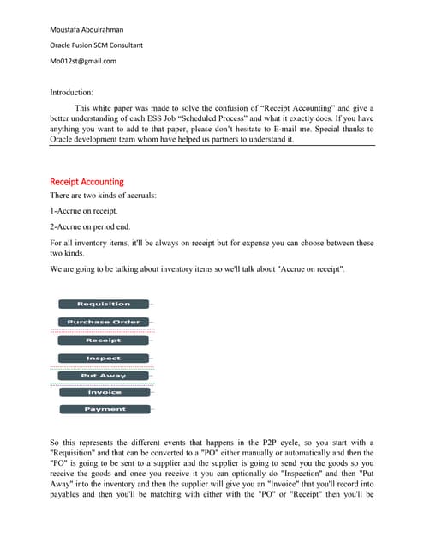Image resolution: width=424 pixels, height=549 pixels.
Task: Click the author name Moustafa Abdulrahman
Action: click(x=87, y=28)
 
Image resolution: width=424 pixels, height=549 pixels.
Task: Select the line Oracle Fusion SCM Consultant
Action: click(x=96, y=45)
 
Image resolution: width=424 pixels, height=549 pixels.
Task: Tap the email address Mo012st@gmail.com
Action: click(x=83, y=61)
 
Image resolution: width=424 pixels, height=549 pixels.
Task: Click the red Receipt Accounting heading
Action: click(x=87, y=182)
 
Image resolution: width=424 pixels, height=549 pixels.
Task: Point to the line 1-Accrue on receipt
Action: click(x=87, y=210)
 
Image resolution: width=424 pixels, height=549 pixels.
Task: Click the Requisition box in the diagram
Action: click(x=104, y=304)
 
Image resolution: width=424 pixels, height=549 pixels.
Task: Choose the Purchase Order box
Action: click(x=104, y=322)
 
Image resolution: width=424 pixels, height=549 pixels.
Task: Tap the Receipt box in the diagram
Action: click(x=104, y=341)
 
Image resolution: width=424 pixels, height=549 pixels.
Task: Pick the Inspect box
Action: click(x=104, y=358)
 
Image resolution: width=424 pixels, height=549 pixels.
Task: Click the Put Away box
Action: click(x=104, y=376)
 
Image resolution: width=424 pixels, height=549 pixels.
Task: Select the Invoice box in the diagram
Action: click(x=104, y=392)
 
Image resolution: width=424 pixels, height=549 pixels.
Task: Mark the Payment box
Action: click(x=104, y=409)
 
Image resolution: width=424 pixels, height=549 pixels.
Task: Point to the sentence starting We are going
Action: click(x=197, y=269)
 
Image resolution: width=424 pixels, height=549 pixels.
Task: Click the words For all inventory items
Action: click(x=95, y=243)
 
